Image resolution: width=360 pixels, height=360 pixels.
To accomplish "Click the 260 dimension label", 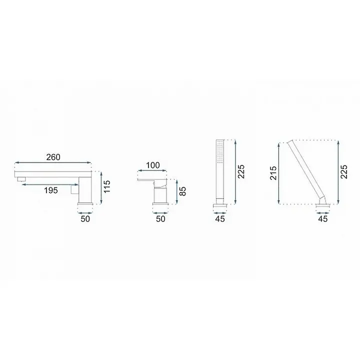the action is tap(53, 157).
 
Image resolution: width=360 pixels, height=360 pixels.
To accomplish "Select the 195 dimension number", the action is tap(50, 190).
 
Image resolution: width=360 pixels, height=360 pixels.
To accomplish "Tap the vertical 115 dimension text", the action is tap(107, 186).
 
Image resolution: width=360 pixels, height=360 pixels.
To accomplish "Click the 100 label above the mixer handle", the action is tap(153, 165).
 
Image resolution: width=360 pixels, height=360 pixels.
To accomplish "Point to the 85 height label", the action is tap(182, 191).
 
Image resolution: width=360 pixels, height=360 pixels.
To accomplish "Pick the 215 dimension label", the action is tap(273, 173).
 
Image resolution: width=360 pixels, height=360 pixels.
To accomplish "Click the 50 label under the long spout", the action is tap(85, 219).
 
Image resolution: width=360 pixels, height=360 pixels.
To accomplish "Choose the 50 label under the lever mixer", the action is tap(160, 219).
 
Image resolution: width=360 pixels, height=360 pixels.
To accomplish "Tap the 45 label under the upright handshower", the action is tap(219, 219).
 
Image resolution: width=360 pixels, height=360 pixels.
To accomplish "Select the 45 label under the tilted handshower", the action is tap(322, 219).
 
